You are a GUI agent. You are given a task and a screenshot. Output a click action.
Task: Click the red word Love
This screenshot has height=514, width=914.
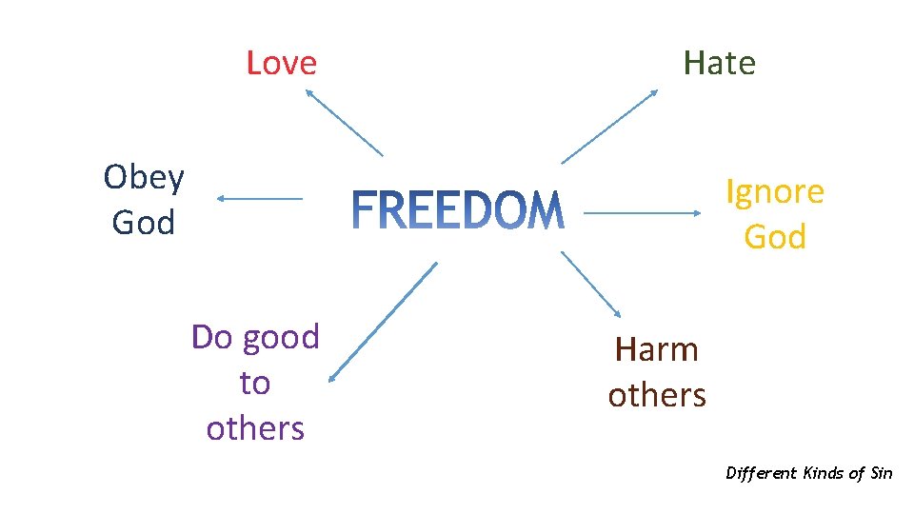point(281,63)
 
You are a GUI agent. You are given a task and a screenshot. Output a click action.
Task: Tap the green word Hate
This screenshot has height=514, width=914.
point(719,63)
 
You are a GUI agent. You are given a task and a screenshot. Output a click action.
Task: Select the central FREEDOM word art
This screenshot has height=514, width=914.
point(458,211)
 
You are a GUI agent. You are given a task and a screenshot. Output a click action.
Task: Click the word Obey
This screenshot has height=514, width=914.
point(144,177)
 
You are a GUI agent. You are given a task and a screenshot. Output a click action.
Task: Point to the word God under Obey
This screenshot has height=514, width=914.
point(144,223)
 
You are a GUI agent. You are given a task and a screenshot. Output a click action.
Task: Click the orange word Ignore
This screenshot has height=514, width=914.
point(775,192)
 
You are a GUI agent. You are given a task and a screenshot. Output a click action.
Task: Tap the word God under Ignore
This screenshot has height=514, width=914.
point(775,237)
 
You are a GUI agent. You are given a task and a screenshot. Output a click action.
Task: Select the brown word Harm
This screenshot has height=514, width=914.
point(657,349)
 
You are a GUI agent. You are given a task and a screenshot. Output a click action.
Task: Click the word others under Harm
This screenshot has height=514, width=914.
point(657,394)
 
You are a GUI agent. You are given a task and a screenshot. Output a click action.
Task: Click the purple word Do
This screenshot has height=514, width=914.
point(211,337)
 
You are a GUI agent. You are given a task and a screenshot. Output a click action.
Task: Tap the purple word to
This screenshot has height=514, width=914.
point(255,383)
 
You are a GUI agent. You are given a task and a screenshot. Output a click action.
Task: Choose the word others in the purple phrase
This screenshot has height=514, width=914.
point(255,428)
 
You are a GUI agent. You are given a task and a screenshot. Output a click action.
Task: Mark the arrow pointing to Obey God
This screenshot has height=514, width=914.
point(259,198)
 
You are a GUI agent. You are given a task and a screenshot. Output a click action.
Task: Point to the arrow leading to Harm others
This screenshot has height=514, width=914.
point(591,285)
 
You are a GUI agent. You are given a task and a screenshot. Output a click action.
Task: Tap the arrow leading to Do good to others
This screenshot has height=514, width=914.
point(382,323)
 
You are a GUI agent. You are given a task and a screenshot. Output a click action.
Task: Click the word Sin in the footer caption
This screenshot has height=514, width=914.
point(881,473)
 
